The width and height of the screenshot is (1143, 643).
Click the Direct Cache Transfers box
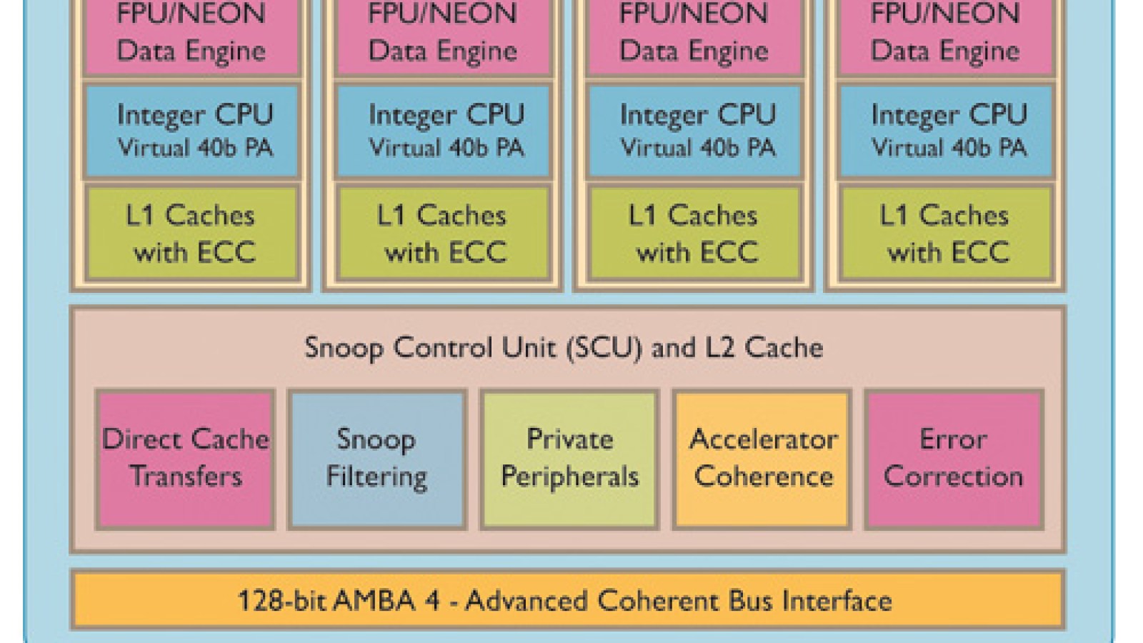[x=186, y=458]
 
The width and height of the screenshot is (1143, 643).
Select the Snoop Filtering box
[x=376, y=458]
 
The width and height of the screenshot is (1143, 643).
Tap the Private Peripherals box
[x=569, y=458]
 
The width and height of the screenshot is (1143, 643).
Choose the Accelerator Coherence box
[x=762, y=458]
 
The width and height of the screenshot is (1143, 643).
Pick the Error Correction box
[x=954, y=458]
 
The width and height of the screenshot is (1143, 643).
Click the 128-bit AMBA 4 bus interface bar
[x=567, y=600]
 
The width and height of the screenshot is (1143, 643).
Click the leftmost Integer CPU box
[x=191, y=131]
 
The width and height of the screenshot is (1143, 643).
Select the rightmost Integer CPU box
[x=946, y=131]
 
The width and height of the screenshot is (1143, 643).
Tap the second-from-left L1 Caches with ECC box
[x=443, y=233]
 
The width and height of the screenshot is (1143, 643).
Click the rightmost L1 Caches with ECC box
[x=946, y=233]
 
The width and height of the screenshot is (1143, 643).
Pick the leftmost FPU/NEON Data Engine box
[x=191, y=36]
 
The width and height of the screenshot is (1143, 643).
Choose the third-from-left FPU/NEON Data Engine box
[x=694, y=36]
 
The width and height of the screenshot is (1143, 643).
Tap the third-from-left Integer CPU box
[x=694, y=131]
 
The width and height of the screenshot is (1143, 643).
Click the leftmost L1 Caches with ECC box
[x=191, y=233]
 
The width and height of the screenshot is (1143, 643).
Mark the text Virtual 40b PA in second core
[x=446, y=148]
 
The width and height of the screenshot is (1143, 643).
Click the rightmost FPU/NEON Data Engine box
[x=946, y=36]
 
